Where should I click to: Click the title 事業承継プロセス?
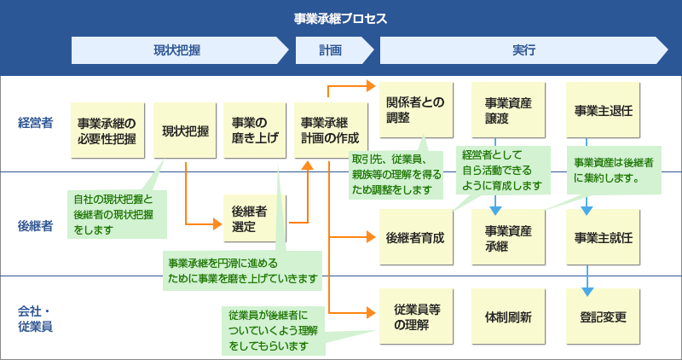click(340, 18)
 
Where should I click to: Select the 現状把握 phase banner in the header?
click(176, 51)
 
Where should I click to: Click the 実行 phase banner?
click(523, 51)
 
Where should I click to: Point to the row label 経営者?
click(35, 123)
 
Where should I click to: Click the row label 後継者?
click(35, 226)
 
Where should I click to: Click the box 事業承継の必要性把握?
click(107, 131)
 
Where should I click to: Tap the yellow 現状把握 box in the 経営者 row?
click(186, 131)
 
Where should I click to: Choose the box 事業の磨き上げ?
click(255, 131)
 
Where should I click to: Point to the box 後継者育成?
click(414, 237)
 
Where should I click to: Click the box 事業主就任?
click(602, 237)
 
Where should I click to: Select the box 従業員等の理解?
click(414, 316)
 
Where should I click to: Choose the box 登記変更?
click(602, 316)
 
